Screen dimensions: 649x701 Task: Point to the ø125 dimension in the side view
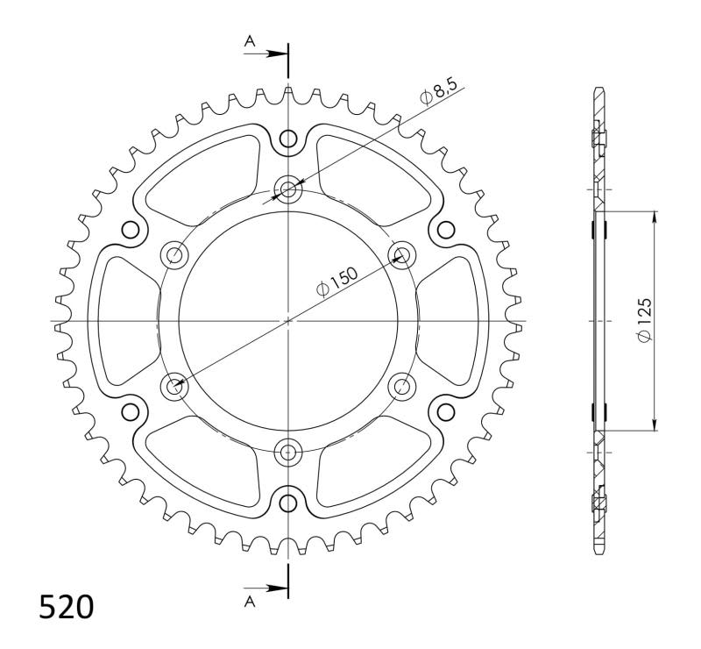coord(643,322)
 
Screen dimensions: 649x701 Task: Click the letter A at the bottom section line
coord(251,602)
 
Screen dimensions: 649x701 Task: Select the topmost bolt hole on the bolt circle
coord(288,188)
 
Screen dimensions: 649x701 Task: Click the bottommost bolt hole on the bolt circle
coord(288,453)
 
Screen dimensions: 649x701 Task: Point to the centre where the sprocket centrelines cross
coord(288,321)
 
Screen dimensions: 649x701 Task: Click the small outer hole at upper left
coord(131,230)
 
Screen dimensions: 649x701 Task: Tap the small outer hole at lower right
coord(446,412)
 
